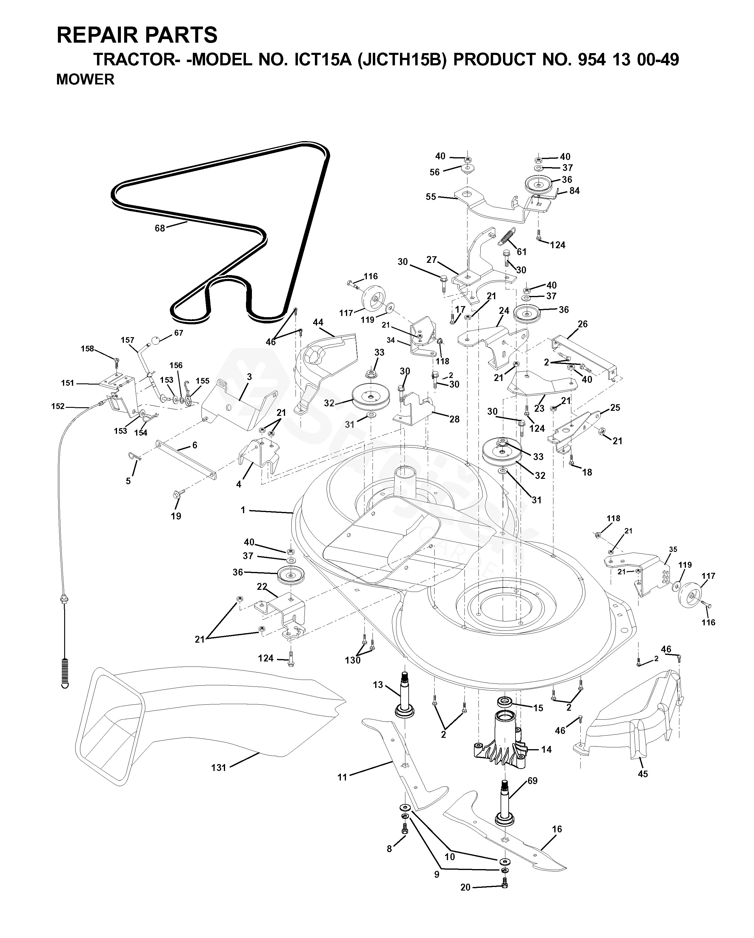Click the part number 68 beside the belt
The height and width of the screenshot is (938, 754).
(x=160, y=228)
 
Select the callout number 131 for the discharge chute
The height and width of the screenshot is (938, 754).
(x=218, y=767)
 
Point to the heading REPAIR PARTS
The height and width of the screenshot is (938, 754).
(x=137, y=35)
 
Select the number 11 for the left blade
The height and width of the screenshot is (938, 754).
(x=342, y=777)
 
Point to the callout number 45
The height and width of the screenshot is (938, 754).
(x=643, y=774)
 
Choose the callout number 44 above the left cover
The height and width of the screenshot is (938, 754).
(x=318, y=323)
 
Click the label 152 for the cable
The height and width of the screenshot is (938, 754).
(x=58, y=406)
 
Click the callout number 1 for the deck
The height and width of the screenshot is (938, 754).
(x=243, y=510)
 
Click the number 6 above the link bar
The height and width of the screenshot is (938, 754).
(x=195, y=445)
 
